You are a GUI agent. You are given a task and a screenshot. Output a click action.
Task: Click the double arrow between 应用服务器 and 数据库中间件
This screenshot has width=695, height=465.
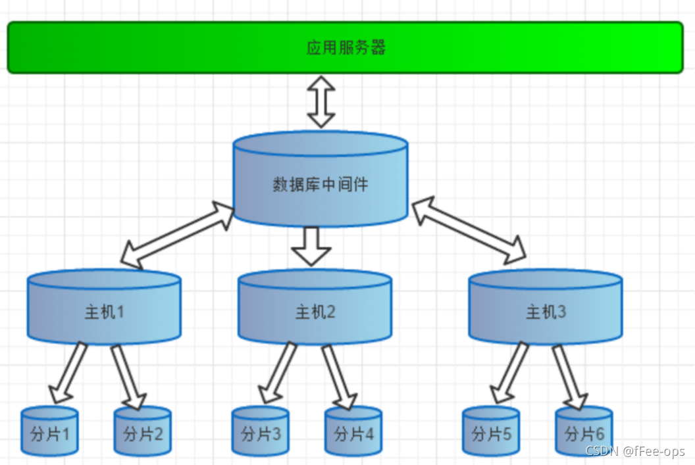[321, 101]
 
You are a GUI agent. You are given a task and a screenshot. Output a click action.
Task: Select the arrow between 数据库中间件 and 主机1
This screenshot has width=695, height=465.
[178, 235]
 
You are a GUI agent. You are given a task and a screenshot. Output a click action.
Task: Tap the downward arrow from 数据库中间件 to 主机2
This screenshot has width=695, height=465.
[311, 246]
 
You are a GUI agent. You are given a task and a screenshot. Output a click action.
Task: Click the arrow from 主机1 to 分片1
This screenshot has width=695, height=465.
[69, 372]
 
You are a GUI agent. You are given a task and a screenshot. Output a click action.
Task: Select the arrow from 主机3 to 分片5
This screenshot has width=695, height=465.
[510, 372]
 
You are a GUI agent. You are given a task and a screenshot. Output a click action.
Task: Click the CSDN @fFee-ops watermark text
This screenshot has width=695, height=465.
[634, 452]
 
